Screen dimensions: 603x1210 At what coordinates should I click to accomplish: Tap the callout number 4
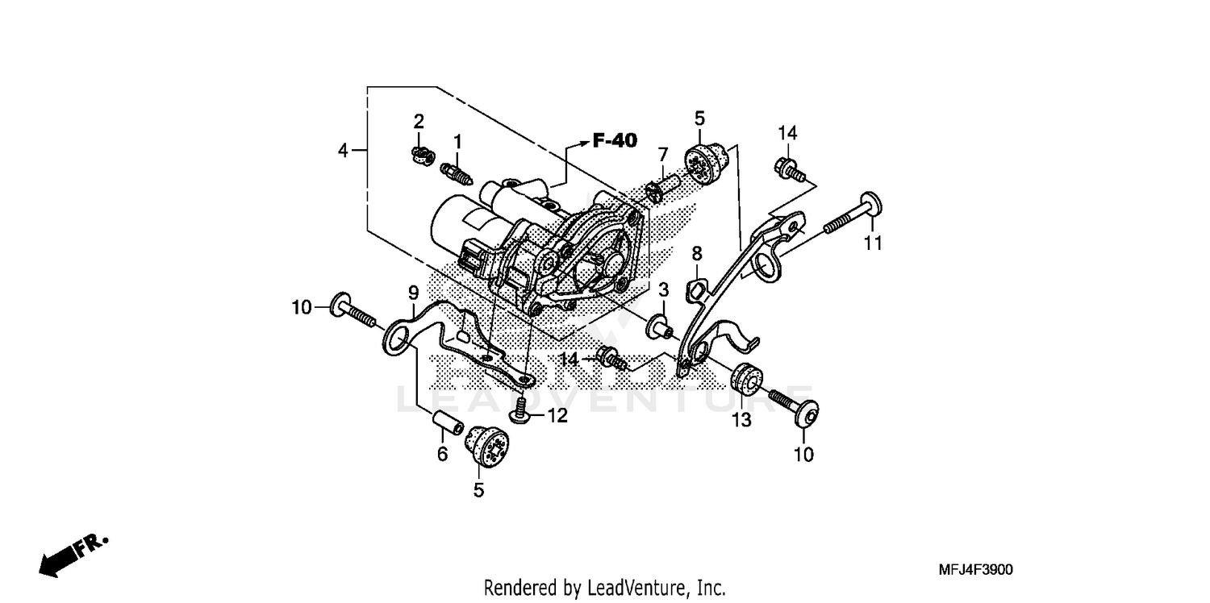344,151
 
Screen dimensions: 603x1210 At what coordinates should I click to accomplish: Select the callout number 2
419,122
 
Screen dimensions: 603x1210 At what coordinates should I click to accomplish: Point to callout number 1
457,142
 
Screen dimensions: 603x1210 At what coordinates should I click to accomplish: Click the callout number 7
662,154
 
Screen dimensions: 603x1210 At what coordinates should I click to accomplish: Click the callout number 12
557,416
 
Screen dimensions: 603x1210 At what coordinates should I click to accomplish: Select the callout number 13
741,419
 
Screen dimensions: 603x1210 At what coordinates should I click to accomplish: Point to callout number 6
442,455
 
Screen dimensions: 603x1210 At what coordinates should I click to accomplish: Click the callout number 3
662,289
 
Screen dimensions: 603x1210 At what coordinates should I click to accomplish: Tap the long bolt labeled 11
852,214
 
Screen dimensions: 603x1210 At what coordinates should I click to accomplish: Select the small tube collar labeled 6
445,422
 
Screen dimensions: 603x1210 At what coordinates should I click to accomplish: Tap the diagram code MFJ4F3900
975,570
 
